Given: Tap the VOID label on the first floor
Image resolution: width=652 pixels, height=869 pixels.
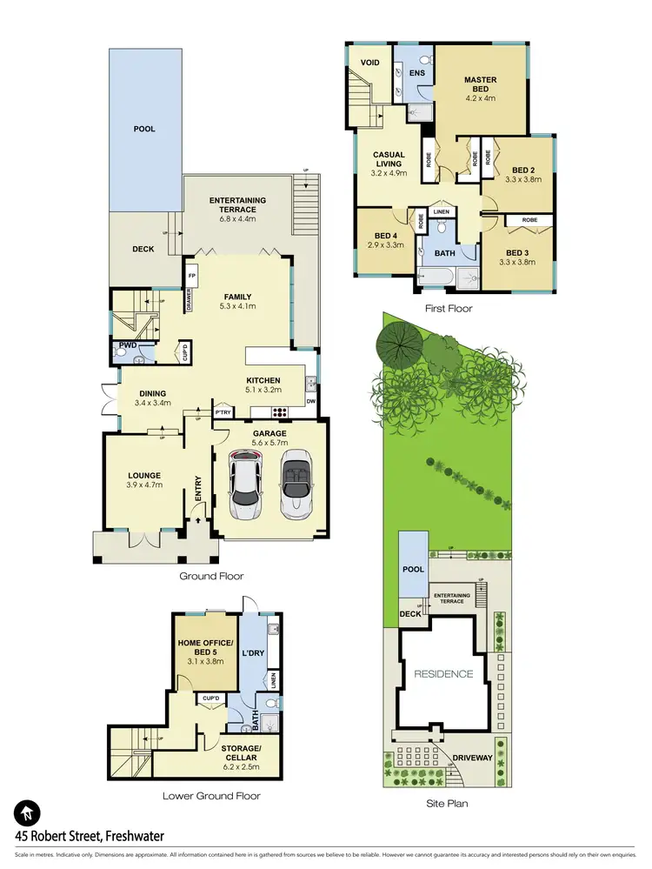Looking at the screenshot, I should pos(369,63).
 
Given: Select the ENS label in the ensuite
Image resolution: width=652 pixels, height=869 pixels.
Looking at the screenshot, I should pos(416,74).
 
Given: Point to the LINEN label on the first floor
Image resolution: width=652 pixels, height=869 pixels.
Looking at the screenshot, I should pos(441,211).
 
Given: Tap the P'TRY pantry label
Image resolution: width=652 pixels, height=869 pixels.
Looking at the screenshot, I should pos(223,412).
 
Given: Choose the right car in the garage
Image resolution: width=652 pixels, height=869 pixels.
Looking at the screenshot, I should pos(296,485).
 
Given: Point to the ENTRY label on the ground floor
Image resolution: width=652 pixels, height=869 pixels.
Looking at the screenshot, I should pos(198,485).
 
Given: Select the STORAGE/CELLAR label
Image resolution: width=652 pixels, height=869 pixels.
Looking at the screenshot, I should pos(240,752).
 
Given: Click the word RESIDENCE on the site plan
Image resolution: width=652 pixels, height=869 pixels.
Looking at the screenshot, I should pos(443,673).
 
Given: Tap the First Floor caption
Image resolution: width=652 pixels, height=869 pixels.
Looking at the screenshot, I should pos(449,308).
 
